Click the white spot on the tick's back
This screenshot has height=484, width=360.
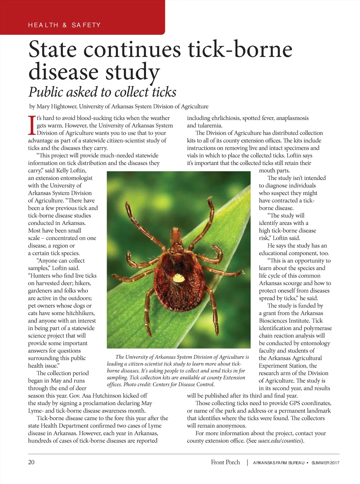tap(179, 279)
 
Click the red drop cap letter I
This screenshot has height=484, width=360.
tap(32, 126)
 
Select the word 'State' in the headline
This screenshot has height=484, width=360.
tap(52, 50)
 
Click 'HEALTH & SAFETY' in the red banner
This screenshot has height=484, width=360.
tap(64, 25)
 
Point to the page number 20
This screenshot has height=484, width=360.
tap(31, 462)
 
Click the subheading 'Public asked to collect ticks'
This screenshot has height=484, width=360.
tap(102, 92)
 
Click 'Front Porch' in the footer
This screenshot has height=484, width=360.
tap(225, 462)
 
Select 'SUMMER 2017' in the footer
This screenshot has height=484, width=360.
tap(325, 463)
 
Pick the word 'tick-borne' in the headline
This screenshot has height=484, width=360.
tap(240, 50)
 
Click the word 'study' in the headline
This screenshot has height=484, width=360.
tap(133, 72)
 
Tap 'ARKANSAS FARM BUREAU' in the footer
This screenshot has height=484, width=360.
tap(278, 463)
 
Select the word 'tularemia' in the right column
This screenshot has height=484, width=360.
tap(210, 126)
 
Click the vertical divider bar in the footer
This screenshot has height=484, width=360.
tap(247, 463)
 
